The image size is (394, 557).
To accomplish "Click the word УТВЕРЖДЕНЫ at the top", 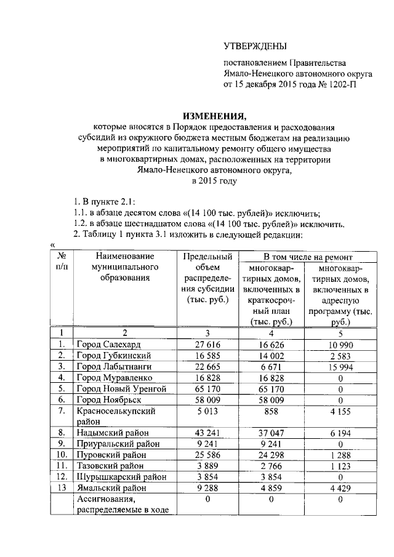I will (x=255, y=46).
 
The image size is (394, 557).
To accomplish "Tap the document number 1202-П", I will (x=342, y=85).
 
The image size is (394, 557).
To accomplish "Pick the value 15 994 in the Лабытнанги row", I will (x=340, y=367).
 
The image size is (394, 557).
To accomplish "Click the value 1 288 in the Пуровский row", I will (x=340, y=455).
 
